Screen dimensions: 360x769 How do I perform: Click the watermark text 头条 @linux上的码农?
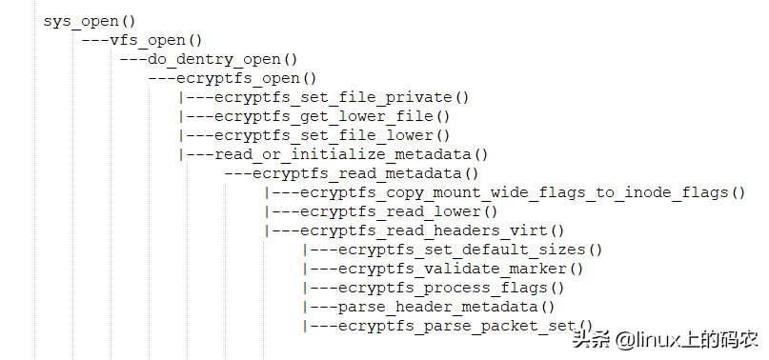coord(664,339)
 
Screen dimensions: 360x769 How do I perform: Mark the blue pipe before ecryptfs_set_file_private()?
coord(180,97)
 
